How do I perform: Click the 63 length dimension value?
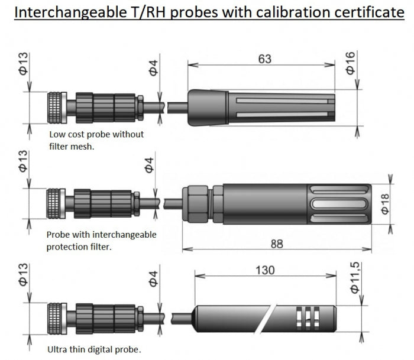tap(265, 59)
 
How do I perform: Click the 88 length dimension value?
tap(277, 244)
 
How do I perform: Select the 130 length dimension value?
tap(265, 270)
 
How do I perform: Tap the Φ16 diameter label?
tap(350, 63)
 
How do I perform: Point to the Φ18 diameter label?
tap(385, 204)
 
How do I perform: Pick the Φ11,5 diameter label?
tap(355, 277)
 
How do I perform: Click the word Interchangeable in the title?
tap(70, 12)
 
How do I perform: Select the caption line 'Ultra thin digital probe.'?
tap(94, 350)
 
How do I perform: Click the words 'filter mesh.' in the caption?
tap(72, 147)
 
